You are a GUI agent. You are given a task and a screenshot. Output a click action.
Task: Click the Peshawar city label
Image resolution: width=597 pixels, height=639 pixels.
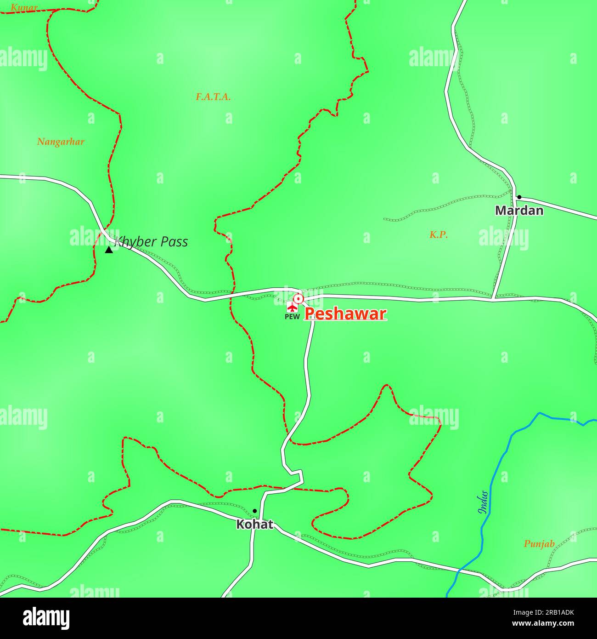pos(345,314)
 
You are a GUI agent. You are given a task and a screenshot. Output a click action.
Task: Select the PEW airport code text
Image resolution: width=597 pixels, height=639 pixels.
pos(292,316)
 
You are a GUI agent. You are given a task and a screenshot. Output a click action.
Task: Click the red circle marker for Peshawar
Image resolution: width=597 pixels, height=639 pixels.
pos(298,299)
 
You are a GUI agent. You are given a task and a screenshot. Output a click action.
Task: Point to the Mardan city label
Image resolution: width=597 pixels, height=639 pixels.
pos(519,211)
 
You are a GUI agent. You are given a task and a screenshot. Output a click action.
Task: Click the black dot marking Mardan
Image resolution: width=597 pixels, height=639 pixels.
pos(519,197)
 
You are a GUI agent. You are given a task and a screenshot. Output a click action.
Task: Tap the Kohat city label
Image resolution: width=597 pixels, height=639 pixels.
pos(254,524)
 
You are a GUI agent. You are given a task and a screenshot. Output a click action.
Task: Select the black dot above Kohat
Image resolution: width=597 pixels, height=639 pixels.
pos(254,511)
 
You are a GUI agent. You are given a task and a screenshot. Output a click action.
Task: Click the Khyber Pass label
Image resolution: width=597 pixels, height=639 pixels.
pos(152,242)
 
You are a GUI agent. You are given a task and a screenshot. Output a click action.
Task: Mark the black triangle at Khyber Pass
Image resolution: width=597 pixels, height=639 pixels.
pos(109,250)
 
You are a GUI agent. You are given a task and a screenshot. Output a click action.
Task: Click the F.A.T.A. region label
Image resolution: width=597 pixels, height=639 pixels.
pos(213,97)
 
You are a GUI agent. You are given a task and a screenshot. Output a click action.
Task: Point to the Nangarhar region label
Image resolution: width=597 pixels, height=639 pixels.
pos(61,142)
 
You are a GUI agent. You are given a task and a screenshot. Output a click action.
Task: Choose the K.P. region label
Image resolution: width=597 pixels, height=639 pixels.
pos(439,235)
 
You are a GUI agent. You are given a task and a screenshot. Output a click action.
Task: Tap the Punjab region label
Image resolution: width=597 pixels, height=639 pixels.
pos(539,544)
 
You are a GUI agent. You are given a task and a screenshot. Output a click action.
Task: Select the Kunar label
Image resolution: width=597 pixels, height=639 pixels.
pos(24,7)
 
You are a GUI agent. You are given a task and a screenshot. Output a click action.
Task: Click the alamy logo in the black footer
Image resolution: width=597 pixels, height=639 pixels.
pos(46,618)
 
